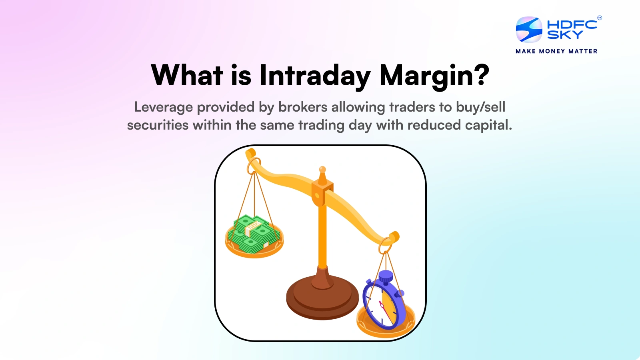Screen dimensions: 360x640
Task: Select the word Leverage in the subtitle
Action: tap(163, 107)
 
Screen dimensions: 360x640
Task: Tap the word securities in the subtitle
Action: tap(158, 125)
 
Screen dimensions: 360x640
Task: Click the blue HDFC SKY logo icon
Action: tap(529, 30)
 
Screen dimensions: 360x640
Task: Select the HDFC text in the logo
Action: tap(572, 24)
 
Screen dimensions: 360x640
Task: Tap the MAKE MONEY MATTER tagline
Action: tap(556, 51)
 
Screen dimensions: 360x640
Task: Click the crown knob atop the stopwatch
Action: tap(386, 276)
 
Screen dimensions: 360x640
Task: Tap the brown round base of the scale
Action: tap(322, 298)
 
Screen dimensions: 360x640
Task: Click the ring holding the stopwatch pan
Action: tap(386, 245)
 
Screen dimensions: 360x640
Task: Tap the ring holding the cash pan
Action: tap(254, 165)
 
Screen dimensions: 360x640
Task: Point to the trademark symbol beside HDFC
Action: tap(599, 18)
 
